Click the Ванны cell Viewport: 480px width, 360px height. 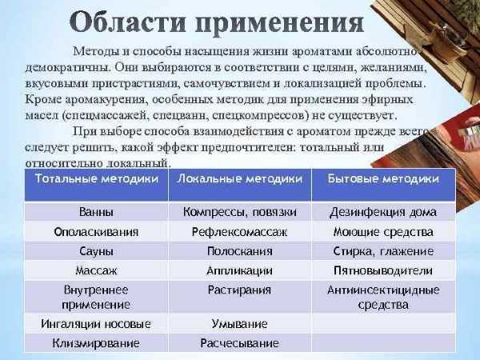click(x=96, y=212)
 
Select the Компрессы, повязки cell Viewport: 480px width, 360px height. click(x=240, y=212)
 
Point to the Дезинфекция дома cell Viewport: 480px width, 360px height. click(x=383, y=213)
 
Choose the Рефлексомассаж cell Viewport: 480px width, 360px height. click(x=240, y=232)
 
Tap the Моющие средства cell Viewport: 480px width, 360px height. click(x=383, y=232)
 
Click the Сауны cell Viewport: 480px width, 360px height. click(x=96, y=251)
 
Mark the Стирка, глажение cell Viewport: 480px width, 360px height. click(x=383, y=251)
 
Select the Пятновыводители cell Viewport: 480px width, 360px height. click(x=383, y=270)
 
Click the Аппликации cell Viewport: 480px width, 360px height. click(x=240, y=270)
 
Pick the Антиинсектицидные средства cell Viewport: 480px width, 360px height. click(x=383, y=297)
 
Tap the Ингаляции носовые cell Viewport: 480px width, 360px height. click(x=96, y=324)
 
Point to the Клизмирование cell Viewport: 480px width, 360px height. click(x=96, y=343)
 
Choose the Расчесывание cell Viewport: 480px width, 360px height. click(x=240, y=343)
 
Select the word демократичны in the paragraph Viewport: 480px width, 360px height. click(x=68, y=68)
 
